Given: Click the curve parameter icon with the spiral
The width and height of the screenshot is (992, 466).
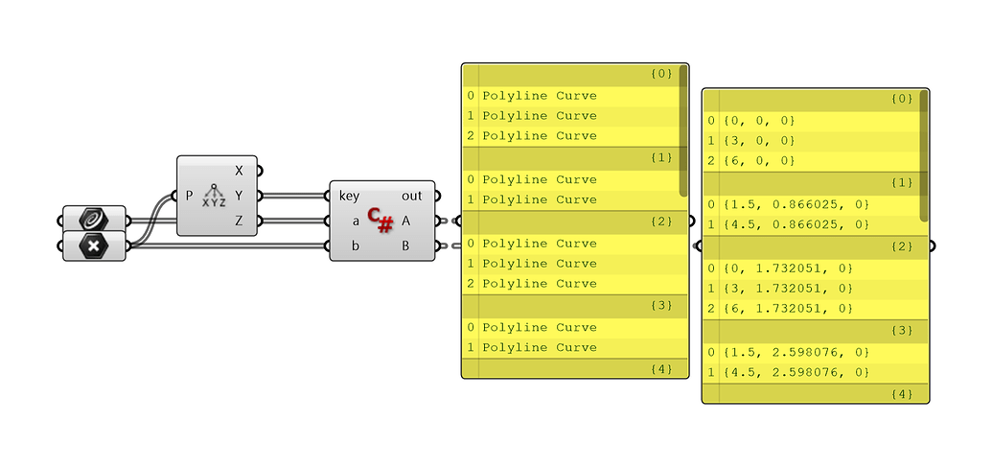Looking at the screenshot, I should (94, 220).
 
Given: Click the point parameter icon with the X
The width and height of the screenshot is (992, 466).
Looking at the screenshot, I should (94, 245).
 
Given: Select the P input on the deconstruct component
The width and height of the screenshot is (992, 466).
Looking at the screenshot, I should (189, 196).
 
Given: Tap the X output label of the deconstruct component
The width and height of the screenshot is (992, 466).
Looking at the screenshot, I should (239, 171).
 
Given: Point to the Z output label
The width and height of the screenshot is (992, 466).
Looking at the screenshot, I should (239, 221).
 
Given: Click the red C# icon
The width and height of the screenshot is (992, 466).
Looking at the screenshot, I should (381, 221).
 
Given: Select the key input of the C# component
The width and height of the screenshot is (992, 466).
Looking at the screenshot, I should (349, 196).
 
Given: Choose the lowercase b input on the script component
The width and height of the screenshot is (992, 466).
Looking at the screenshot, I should (356, 245).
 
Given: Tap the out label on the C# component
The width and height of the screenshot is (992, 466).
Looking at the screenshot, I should (411, 196).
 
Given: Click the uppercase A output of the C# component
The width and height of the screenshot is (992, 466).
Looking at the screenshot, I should (406, 221).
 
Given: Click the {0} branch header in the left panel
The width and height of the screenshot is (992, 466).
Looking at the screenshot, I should (661, 74).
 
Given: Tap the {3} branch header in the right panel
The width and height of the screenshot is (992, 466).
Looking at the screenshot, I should (901, 330).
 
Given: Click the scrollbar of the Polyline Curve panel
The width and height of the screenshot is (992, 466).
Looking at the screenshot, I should (683, 129).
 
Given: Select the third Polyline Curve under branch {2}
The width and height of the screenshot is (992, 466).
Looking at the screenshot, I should (540, 284).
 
